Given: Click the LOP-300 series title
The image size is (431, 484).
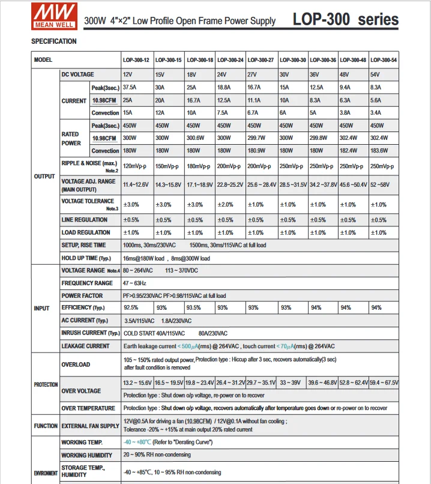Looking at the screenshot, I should [x=345, y=19].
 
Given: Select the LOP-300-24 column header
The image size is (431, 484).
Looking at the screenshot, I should [x=231, y=60].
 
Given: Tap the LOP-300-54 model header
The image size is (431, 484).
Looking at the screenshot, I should [x=383, y=60].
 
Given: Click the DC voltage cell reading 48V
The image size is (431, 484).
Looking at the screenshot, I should [x=345, y=74].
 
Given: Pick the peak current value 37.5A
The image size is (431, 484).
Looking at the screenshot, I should [x=130, y=88].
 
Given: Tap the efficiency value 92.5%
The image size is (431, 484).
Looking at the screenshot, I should [x=131, y=308].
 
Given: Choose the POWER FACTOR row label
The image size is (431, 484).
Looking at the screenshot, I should [x=82, y=295].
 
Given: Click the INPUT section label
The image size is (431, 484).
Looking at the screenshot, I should [x=42, y=308].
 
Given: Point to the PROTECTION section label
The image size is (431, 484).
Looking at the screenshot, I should [x=46, y=384].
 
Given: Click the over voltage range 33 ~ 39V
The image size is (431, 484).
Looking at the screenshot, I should [x=291, y=383].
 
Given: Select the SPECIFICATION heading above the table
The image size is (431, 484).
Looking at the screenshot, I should [x=54, y=41].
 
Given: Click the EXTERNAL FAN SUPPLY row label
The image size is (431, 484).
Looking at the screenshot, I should [x=90, y=426].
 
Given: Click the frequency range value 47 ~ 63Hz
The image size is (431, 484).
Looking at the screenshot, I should [x=134, y=283].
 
